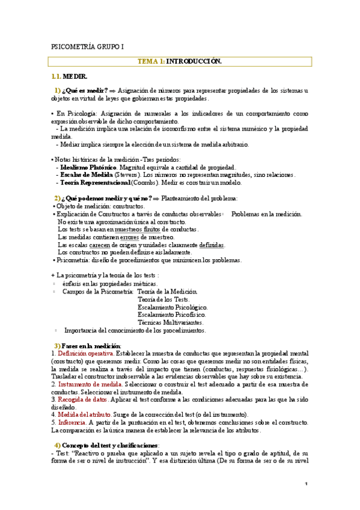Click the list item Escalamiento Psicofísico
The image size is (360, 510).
pyautogui.click(x=172, y=314)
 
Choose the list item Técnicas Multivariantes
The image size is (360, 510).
pyautogui.click(x=171, y=322)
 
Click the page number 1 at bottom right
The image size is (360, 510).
pyautogui.click(x=306, y=484)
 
